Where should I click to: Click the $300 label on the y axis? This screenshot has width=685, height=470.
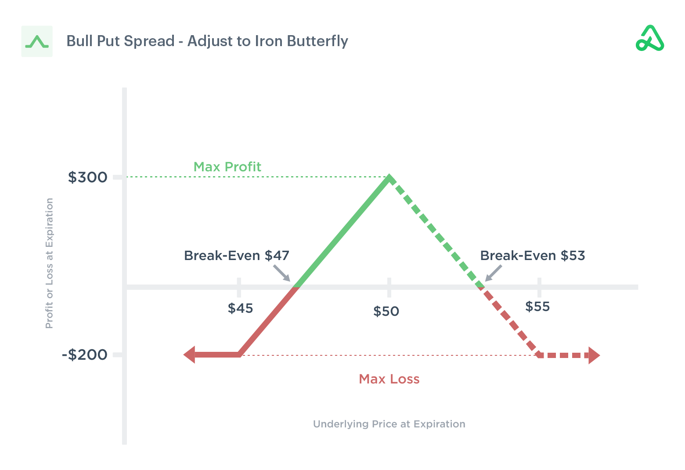pyautogui.click(x=87, y=177)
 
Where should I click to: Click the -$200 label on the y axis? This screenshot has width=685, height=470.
pyautogui.click(x=85, y=354)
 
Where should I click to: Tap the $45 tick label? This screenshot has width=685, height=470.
pyautogui.click(x=240, y=308)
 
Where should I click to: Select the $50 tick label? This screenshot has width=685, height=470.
pyautogui.click(x=386, y=311)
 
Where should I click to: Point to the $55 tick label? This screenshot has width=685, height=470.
pyautogui.click(x=537, y=307)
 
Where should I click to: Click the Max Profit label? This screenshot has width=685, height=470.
pyautogui.click(x=227, y=167)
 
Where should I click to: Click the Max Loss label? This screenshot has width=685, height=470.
pyautogui.click(x=389, y=379)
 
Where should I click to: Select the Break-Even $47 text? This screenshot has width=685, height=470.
pyautogui.click(x=236, y=256)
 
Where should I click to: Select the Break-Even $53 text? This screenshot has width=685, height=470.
pyautogui.click(x=532, y=256)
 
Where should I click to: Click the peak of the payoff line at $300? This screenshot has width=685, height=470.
pyautogui.click(x=389, y=178)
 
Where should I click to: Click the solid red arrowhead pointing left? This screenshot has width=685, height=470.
pyautogui.click(x=190, y=354)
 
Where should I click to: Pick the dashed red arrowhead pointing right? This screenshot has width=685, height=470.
pyautogui.click(x=594, y=355)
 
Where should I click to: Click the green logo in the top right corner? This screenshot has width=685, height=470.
pyautogui.click(x=650, y=39)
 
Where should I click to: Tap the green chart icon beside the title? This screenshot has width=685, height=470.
pyautogui.click(x=37, y=41)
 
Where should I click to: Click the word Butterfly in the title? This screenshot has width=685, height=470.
pyautogui.click(x=317, y=41)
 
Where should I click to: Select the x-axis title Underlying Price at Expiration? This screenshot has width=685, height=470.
pyautogui.click(x=389, y=424)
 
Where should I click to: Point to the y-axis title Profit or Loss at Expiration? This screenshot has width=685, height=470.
pyautogui.click(x=49, y=263)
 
